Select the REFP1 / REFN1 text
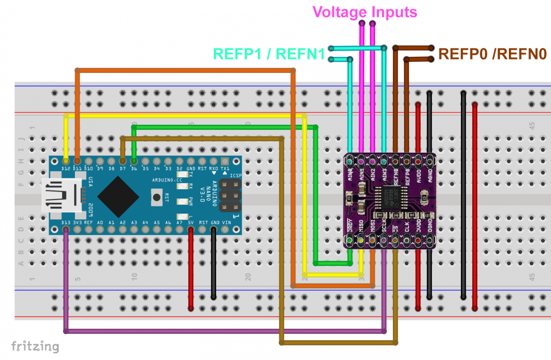pyautogui.click(x=269, y=54)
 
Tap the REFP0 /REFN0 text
pyautogui.click(x=492, y=54)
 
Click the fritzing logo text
pyautogui.click(x=35, y=346)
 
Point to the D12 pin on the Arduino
pyautogui.click(x=66, y=160)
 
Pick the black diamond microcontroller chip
pyautogui.click(x=118, y=196)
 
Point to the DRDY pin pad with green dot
pyautogui.click(x=349, y=240)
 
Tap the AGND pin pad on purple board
pyautogui.click(x=430, y=159)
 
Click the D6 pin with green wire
pyautogui.click(x=134, y=160)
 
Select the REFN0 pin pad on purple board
pyautogui.click(x=395, y=159)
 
